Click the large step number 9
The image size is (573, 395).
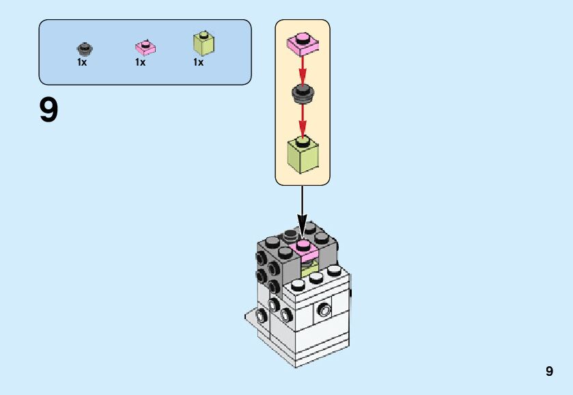(48, 111)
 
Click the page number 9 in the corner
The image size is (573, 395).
(549, 372)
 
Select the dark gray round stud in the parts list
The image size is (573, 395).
(84, 49)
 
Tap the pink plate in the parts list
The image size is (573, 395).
(145, 47)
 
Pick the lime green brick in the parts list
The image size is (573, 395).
(204, 43)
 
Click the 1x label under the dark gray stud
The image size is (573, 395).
(82, 62)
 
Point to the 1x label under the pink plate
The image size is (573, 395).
(140, 62)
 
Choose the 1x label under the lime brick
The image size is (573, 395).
(198, 62)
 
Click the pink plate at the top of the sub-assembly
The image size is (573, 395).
(303, 42)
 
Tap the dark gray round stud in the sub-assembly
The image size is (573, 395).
(303, 93)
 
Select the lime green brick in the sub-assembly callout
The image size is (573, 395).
(303, 154)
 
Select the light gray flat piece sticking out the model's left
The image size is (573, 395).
(254, 317)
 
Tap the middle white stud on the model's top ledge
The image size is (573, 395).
(316, 276)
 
